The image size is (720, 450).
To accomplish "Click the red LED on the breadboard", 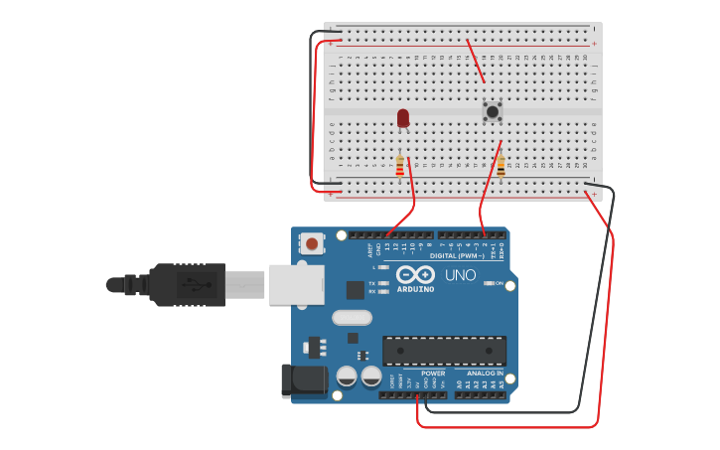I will pyautogui.click(x=403, y=118).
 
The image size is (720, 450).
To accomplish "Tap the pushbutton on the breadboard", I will pyautogui.click(x=492, y=111).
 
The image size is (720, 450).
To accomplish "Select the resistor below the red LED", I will pyautogui.click(x=400, y=166).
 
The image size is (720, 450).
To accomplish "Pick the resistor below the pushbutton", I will pyautogui.click(x=501, y=166).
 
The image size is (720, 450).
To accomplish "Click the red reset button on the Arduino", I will pyautogui.click(x=313, y=242).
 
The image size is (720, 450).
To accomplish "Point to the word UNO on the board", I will pyautogui.click(x=460, y=275).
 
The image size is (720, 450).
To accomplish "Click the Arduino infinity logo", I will pyautogui.click(x=415, y=274).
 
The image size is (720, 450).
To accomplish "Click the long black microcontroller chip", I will pyautogui.click(x=444, y=351).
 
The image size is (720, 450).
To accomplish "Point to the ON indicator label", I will pyautogui.click(x=499, y=283).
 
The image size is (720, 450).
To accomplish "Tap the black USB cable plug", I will pyautogui.click(x=189, y=285).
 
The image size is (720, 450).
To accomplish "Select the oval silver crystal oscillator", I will pyautogui.click(x=352, y=318).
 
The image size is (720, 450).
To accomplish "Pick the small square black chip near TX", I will pyautogui.click(x=355, y=289).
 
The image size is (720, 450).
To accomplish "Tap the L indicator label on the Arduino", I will pyautogui.click(x=374, y=267).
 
